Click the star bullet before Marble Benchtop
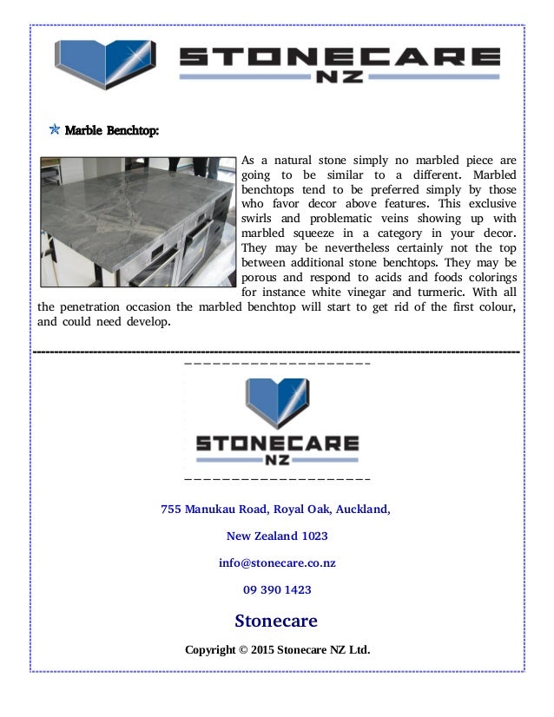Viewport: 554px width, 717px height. pos(54,131)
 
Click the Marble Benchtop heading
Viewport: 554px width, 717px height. pos(112,132)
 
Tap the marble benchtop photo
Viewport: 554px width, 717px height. pos(137,221)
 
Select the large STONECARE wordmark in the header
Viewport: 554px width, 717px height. pos(340,58)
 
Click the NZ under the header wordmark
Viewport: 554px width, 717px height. pos(340,77)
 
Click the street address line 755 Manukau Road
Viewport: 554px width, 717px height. pos(275,510)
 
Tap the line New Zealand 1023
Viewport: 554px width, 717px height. pos(277,536)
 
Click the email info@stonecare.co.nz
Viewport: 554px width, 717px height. pos(277,563)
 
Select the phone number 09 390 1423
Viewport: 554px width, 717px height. pos(277,590)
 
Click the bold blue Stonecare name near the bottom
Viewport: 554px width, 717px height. pos(276,621)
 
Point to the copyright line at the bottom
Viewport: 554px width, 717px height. pos(277,649)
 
